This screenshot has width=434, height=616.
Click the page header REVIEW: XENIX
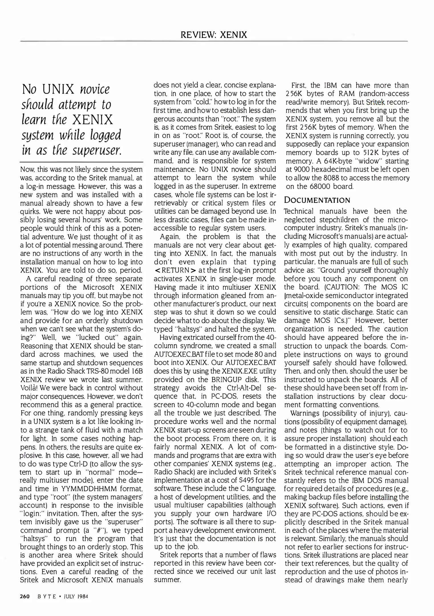click(x=214, y=35)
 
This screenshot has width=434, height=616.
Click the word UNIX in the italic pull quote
click(x=58, y=89)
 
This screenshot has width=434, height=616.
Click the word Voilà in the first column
click(x=30, y=388)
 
